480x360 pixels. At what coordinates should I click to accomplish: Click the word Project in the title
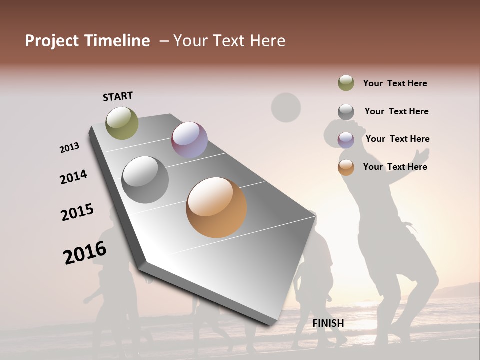[x=49, y=41]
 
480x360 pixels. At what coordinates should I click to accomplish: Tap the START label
[x=118, y=96]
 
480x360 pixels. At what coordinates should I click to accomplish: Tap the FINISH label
[x=328, y=323]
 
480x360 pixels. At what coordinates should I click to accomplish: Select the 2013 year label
[x=70, y=148]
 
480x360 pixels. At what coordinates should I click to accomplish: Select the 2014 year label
[x=73, y=177]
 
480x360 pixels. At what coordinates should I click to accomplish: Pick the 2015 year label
[x=77, y=212]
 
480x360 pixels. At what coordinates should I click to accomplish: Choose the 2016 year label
[x=85, y=252]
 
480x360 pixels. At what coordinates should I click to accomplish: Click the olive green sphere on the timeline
[x=122, y=123]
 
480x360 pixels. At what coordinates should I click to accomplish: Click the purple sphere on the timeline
[x=189, y=140]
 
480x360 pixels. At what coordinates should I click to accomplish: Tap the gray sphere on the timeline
[x=145, y=180]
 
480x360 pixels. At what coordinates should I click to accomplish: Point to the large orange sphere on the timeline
[x=216, y=207]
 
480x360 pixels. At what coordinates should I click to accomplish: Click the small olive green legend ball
[x=346, y=83]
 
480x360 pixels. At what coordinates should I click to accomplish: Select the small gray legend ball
[x=346, y=112]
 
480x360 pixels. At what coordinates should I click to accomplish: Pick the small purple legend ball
[x=346, y=140]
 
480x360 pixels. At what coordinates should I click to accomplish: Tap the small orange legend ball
[x=346, y=167]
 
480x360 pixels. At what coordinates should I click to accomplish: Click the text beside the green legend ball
[x=395, y=84]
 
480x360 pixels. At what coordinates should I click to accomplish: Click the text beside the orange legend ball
[x=395, y=167]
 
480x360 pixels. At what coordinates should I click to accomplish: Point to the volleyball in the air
[x=286, y=107]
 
